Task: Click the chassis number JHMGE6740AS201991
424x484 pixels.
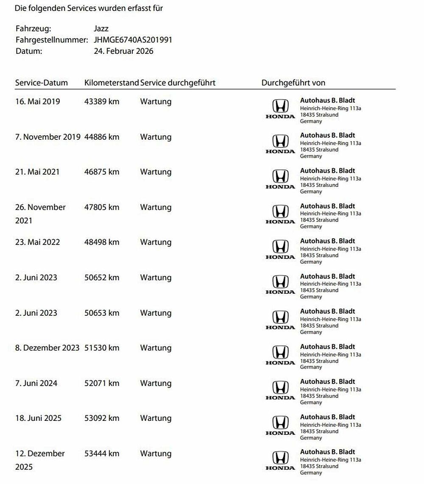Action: pyautogui.click(x=133, y=40)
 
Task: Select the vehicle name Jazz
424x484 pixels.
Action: pyautogui.click(x=101, y=29)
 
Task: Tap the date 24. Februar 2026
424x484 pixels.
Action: pyautogui.click(x=123, y=51)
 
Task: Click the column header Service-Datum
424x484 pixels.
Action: pyautogui.click(x=42, y=83)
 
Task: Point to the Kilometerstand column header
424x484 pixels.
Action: pyautogui.click(x=112, y=83)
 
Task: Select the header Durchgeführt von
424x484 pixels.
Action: pyautogui.click(x=293, y=83)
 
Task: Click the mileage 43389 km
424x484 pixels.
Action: pyautogui.click(x=102, y=102)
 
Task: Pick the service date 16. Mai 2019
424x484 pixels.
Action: pyautogui.click(x=38, y=102)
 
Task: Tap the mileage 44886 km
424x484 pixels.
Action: pyautogui.click(x=102, y=137)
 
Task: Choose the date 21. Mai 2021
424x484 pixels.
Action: pyautogui.click(x=37, y=172)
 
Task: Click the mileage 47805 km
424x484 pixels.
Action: pyautogui.click(x=102, y=207)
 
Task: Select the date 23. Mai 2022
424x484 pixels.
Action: pyautogui.click(x=38, y=242)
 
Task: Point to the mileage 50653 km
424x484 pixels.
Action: pyautogui.click(x=102, y=313)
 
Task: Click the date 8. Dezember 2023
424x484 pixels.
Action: pyautogui.click(x=47, y=348)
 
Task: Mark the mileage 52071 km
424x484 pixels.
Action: pyautogui.click(x=102, y=383)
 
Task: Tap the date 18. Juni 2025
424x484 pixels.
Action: pyautogui.click(x=38, y=418)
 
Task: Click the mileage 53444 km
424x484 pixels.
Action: pyautogui.click(x=102, y=453)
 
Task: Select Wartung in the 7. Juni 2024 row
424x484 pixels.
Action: pyautogui.click(x=156, y=383)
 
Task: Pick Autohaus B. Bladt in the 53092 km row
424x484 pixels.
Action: pyautogui.click(x=327, y=417)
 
